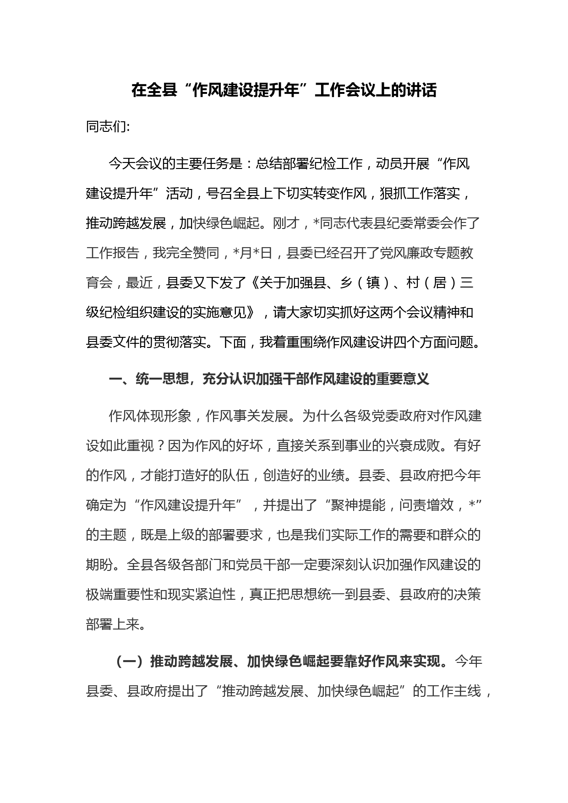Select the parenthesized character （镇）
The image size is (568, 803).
[373, 282]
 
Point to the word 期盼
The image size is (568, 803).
[99, 564]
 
